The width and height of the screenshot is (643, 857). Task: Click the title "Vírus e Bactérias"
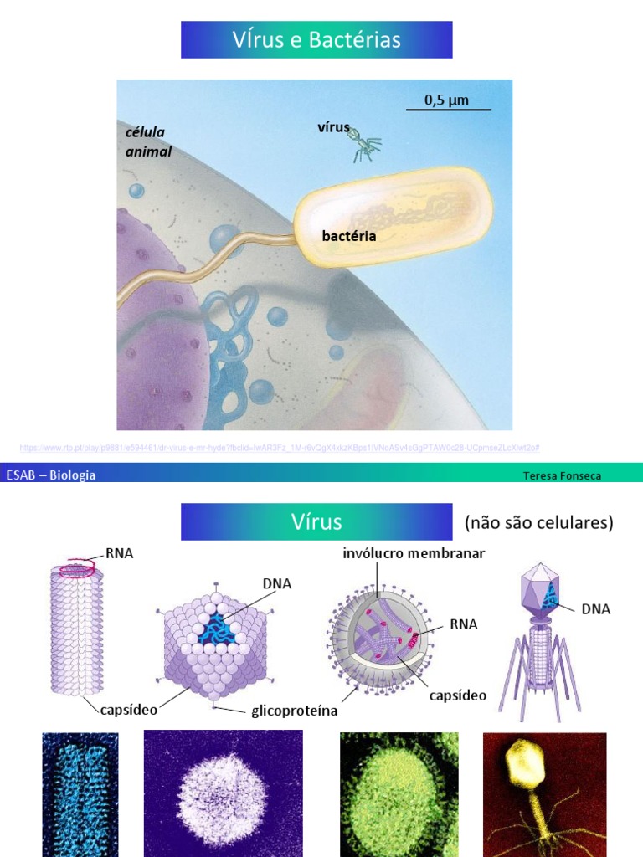coord(316,40)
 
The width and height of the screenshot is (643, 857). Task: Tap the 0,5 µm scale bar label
coord(446,100)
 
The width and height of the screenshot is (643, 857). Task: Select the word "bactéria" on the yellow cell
coord(349,236)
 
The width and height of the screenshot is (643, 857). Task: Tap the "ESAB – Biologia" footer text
coord(51,475)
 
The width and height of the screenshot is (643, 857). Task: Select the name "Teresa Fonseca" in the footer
coord(562,475)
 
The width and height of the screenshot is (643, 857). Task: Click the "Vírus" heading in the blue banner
coord(316,522)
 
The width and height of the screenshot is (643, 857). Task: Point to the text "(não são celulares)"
coord(538,523)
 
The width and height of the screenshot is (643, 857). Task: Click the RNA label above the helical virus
coord(120,553)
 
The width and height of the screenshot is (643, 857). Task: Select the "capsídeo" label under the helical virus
coord(129,710)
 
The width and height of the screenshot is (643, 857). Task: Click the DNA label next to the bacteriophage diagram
coord(596,609)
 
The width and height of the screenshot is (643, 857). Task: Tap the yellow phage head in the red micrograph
coord(524,767)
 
